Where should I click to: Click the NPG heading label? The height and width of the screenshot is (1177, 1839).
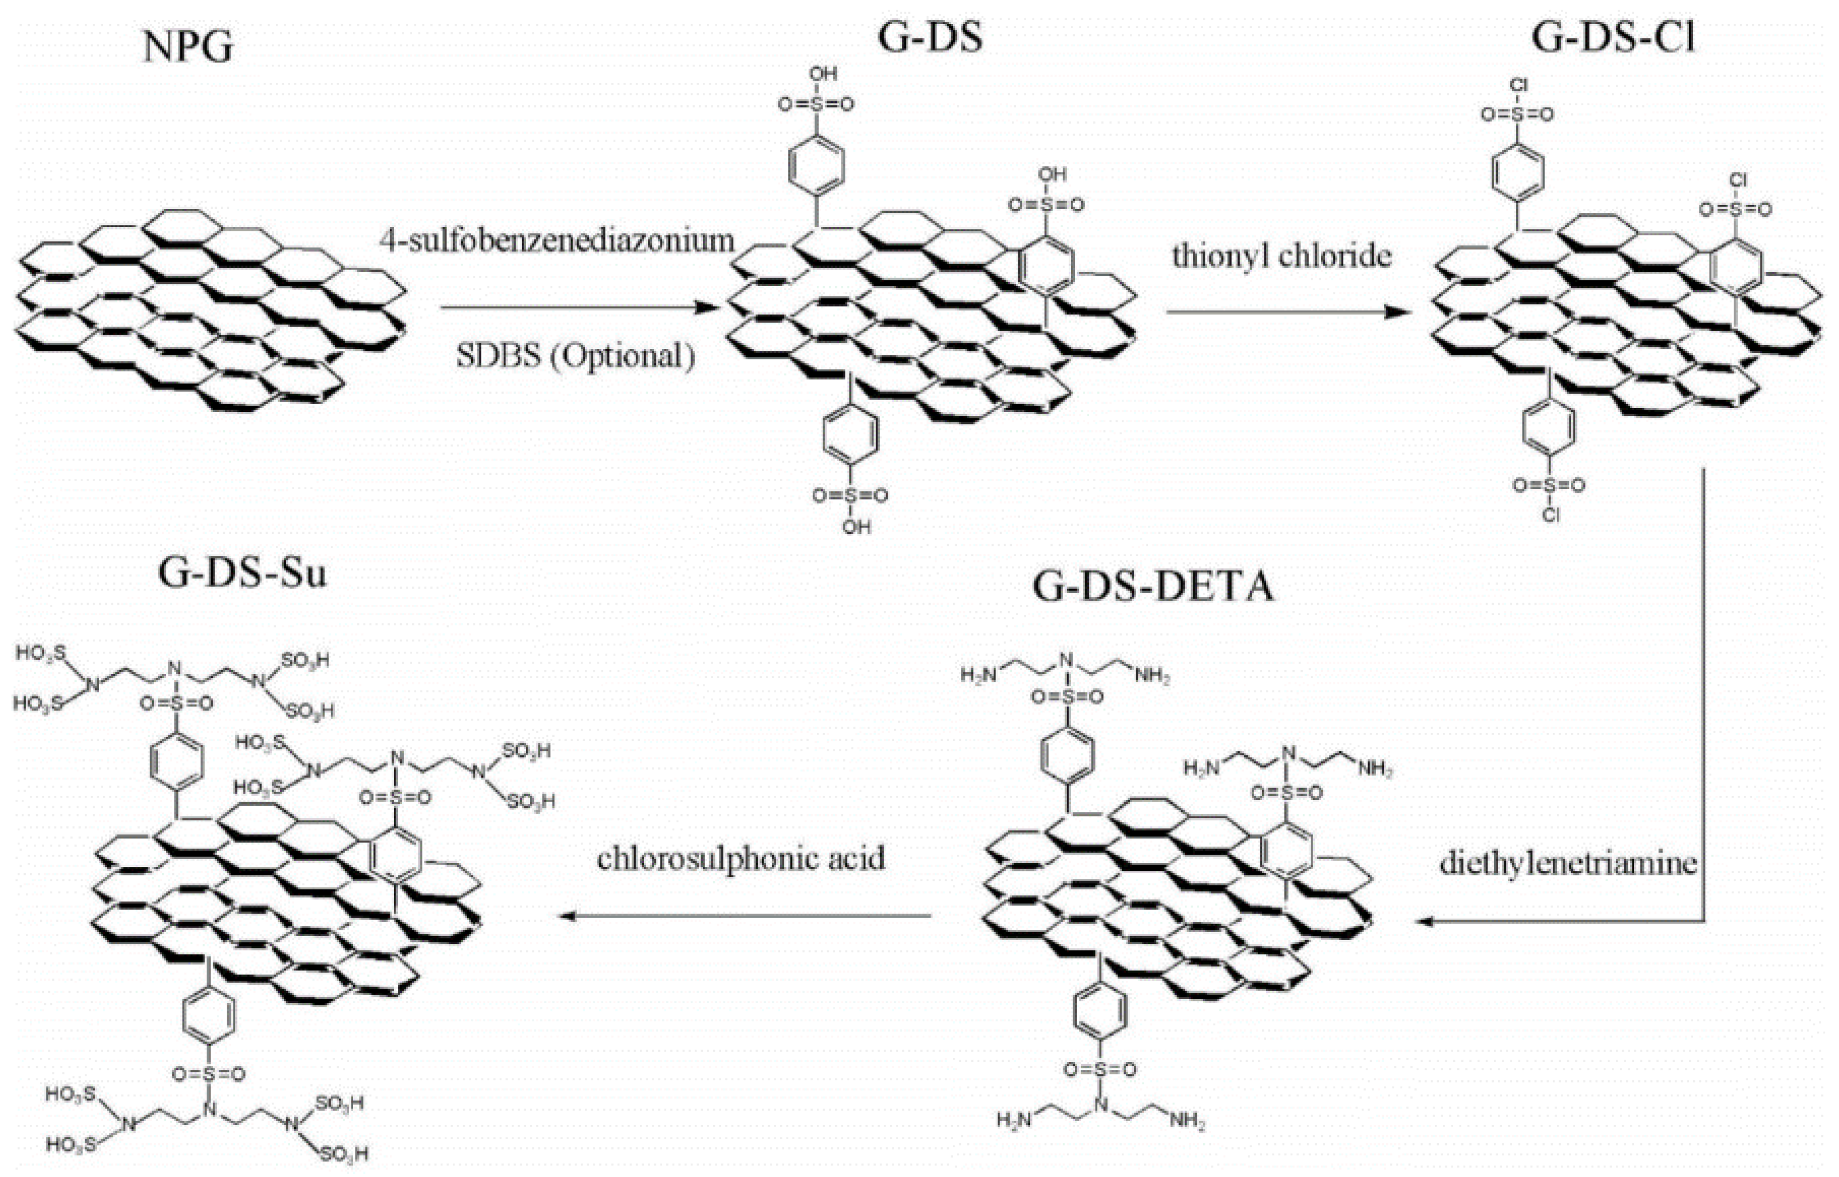(x=188, y=47)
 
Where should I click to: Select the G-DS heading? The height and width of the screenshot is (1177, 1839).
(x=930, y=37)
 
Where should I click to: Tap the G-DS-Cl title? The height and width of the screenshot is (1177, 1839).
(x=1613, y=37)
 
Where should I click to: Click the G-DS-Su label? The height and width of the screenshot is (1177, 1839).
(x=242, y=572)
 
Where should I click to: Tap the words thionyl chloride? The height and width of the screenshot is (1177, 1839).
(x=1282, y=256)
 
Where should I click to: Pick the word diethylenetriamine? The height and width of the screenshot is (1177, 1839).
(x=1568, y=863)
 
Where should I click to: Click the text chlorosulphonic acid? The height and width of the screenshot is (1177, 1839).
(x=741, y=858)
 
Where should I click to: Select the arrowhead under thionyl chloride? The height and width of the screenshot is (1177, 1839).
(x=1400, y=312)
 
